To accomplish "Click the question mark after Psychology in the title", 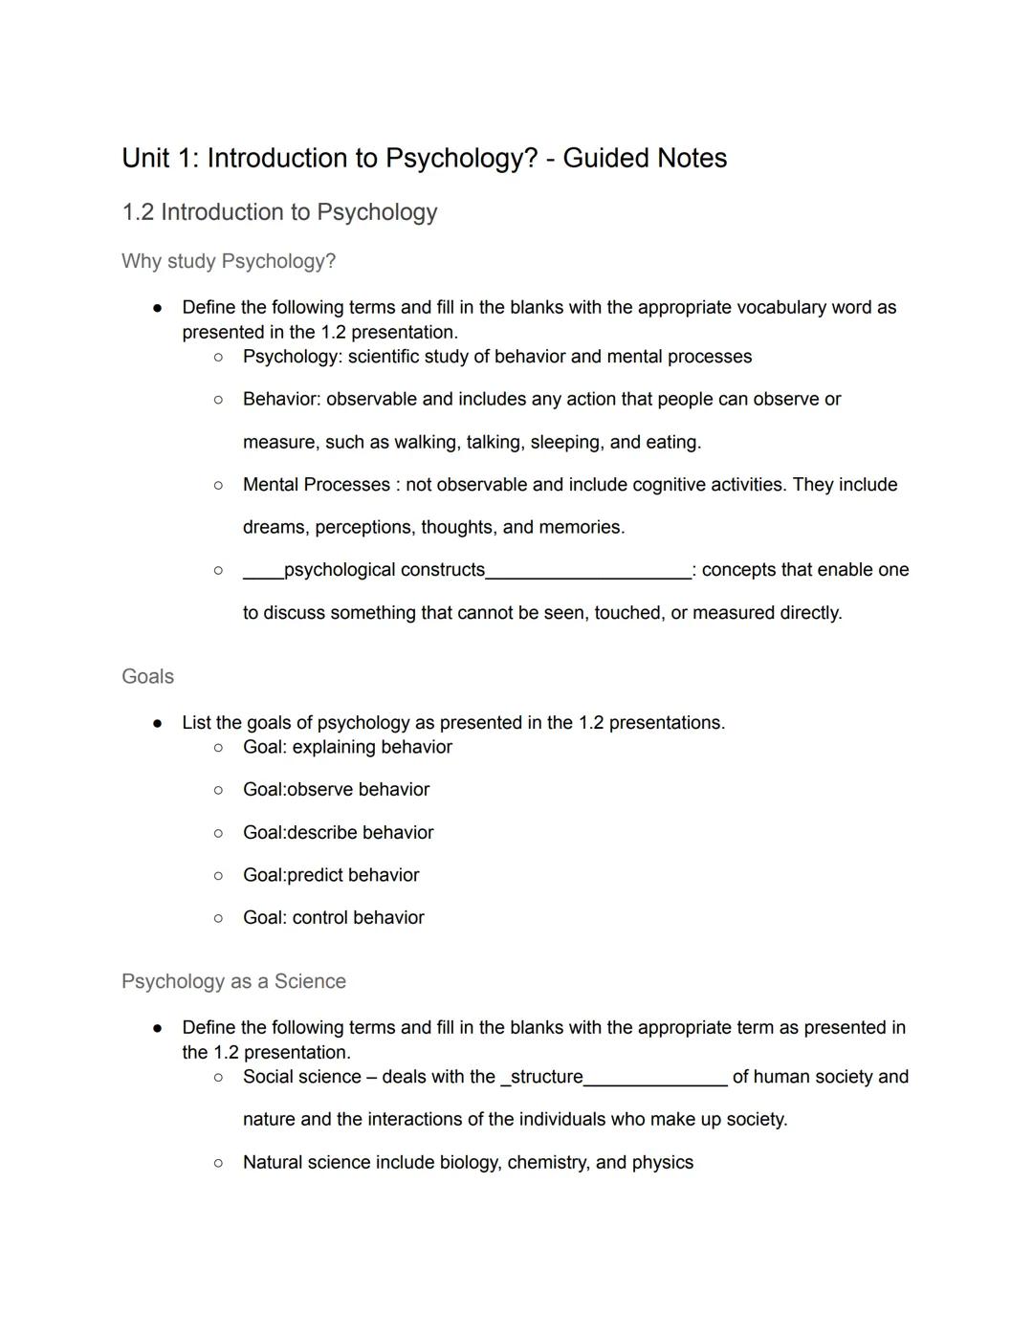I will (x=531, y=158).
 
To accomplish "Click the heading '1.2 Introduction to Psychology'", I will (x=279, y=212).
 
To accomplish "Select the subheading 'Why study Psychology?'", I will (x=229, y=261).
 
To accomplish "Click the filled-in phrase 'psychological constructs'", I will (x=385, y=570).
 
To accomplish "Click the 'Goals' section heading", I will (x=148, y=676).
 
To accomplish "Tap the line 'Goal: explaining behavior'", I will (x=347, y=747).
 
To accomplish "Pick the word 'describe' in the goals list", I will (x=322, y=833).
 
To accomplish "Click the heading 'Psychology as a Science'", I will (x=233, y=981).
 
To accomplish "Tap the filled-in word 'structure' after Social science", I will (x=545, y=1077).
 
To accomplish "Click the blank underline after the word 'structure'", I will (x=655, y=1081).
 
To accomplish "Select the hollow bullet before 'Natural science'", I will (x=218, y=1163).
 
